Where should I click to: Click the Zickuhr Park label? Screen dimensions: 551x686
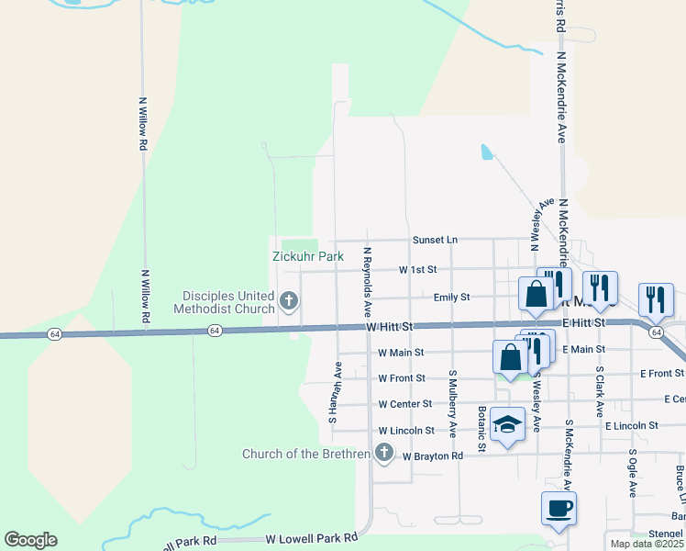coord(307,257)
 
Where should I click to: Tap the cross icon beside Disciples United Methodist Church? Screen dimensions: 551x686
coord(288,300)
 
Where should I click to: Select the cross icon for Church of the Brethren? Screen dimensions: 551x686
coord(383,453)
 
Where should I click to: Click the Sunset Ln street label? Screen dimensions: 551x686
coord(435,240)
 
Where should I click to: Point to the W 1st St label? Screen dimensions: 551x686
coord(418,270)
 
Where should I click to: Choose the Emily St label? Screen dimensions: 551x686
coord(452,298)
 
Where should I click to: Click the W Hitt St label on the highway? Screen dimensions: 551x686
coord(390,327)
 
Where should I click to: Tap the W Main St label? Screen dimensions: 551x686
coord(401,352)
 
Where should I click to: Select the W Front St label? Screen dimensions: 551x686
coord(402,377)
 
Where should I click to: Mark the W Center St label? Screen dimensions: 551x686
coord(405,403)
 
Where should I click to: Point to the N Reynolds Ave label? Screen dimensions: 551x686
coord(367,282)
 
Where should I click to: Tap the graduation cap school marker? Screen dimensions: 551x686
coord(507,424)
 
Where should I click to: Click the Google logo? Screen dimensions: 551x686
coord(30,540)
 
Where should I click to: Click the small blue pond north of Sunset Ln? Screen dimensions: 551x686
coord(486,152)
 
